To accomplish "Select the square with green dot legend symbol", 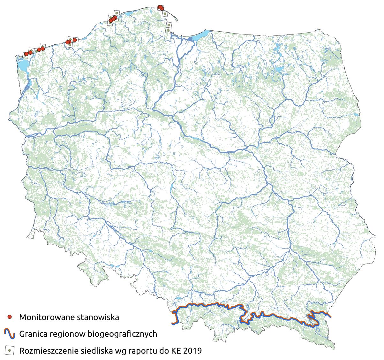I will (10, 350).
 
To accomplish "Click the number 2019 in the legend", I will (192, 351).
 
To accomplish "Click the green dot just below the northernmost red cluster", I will (164, 14).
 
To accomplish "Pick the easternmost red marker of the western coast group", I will (75, 40).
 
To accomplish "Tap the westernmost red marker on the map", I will (26, 54).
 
